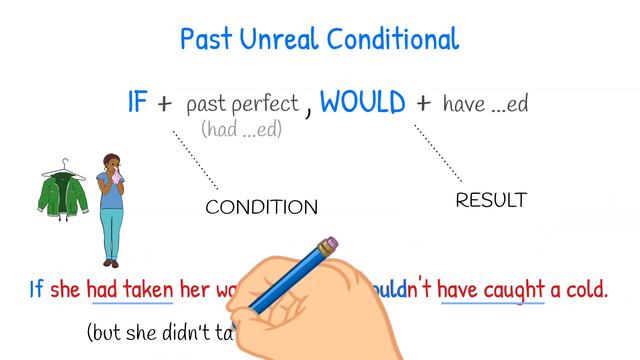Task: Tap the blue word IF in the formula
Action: pos(138,102)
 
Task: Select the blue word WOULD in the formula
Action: pos(363,102)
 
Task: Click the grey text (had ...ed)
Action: pos(241,129)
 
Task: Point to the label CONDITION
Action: pos(261,208)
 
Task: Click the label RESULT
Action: pos(491,200)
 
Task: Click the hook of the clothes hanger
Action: pos(65,163)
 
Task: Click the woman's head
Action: pos(110,162)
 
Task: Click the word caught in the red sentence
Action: pos(514,290)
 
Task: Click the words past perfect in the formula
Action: pos(242,103)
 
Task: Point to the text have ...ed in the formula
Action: pos(485,103)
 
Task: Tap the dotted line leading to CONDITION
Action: pos(195,160)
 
